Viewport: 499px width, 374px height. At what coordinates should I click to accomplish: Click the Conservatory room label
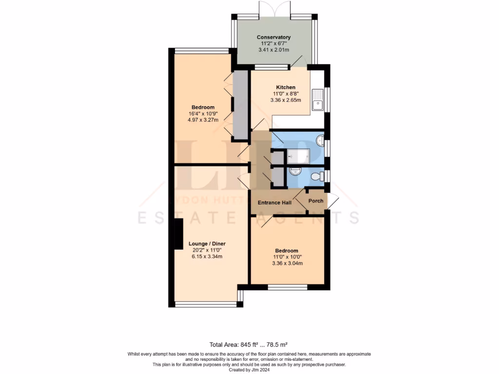click(273, 37)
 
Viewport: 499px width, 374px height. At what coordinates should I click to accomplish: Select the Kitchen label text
click(286, 87)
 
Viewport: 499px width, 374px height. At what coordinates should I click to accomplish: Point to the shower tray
click(298, 156)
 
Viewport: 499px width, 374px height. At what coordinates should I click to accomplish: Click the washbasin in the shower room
click(320, 141)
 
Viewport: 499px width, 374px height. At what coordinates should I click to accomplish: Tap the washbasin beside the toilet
click(294, 172)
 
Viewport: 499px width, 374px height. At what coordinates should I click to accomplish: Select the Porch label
click(316, 201)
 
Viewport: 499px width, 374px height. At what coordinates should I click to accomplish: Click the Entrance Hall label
click(275, 203)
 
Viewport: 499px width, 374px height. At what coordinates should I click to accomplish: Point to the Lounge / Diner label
click(207, 243)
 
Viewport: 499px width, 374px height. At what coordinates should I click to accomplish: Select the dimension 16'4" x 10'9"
click(203, 114)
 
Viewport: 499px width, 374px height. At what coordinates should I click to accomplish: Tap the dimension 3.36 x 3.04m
click(288, 263)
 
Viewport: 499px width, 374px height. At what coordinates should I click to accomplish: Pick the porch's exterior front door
click(333, 201)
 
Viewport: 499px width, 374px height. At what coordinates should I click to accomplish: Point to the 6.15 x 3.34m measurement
click(207, 257)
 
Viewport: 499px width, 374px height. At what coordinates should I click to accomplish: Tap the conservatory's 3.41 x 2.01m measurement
click(273, 50)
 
